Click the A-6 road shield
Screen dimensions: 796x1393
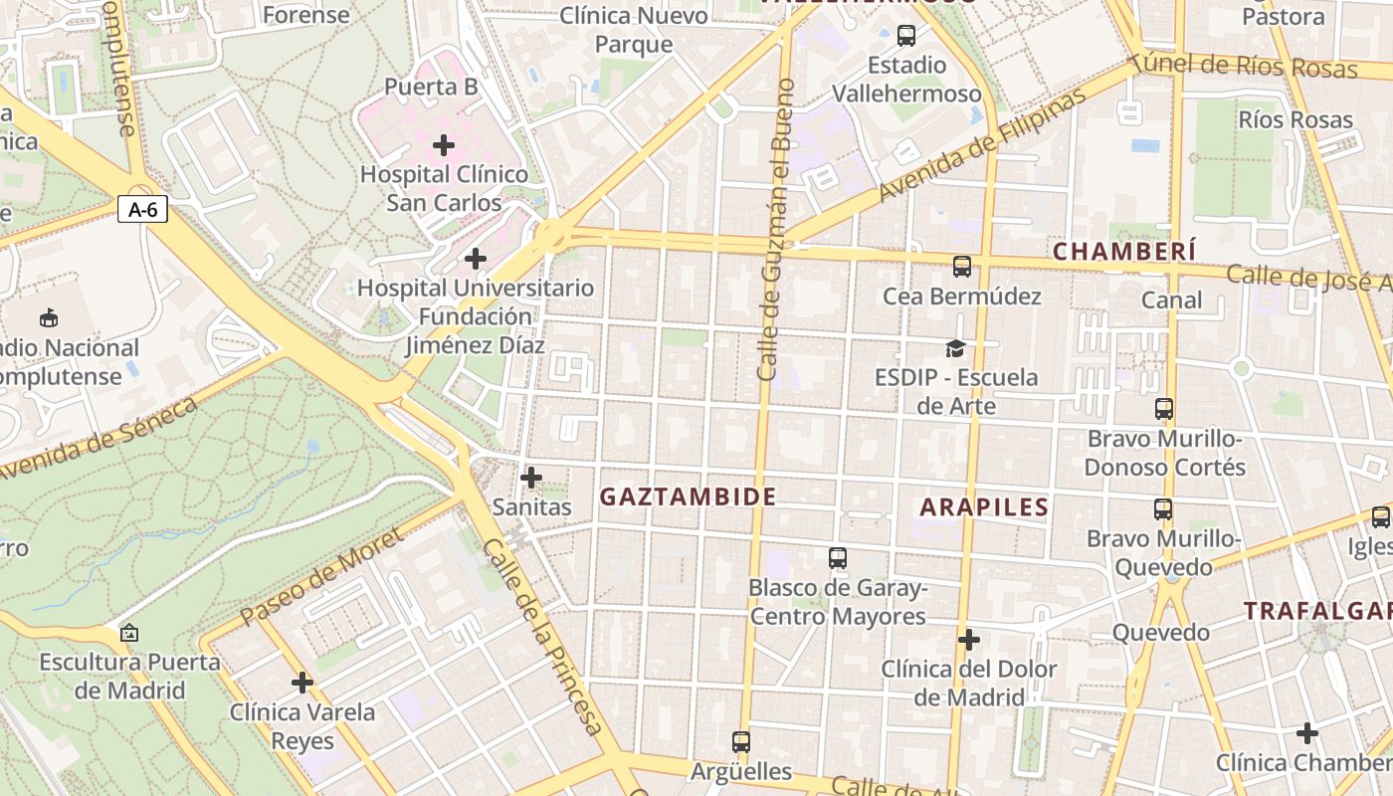point(142,209)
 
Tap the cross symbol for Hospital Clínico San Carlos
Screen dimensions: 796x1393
point(444,145)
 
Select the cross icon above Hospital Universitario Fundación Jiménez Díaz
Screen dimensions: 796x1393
point(476,259)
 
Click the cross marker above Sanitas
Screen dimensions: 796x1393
point(531,478)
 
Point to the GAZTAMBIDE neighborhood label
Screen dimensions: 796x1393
point(688,497)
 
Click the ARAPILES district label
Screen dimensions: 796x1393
point(984,506)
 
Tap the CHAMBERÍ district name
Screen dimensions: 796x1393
point(1124,252)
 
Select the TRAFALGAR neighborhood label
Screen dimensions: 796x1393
point(1318,610)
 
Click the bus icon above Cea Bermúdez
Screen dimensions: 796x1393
point(961,266)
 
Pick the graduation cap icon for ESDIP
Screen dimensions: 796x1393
point(955,348)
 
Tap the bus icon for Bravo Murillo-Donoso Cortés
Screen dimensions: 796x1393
point(1164,408)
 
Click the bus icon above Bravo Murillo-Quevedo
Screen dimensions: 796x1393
point(1162,509)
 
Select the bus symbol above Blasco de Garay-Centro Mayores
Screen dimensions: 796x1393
point(838,558)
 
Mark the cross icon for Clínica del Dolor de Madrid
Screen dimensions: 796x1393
point(969,639)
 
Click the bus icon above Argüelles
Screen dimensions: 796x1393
point(741,741)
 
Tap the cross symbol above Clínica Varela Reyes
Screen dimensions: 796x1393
point(302,683)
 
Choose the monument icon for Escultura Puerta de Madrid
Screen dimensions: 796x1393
point(128,633)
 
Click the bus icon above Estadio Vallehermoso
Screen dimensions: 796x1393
point(905,36)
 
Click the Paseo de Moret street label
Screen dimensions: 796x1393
point(321,577)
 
